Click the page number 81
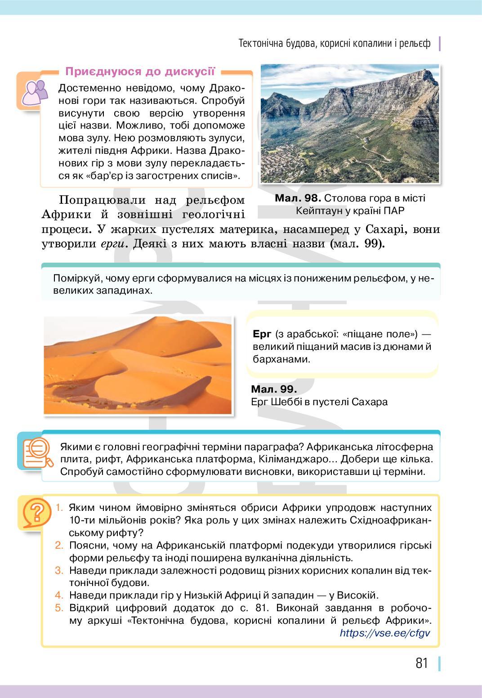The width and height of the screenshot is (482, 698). [422, 663]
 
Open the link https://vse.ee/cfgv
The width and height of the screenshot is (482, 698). [385, 633]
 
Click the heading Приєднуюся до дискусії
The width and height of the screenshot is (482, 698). [140, 71]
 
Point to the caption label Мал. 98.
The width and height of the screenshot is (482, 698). [298, 198]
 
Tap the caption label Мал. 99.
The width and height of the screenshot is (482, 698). [274, 389]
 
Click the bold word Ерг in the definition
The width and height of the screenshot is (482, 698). [262, 334]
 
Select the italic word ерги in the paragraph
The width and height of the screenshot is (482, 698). [110, 245]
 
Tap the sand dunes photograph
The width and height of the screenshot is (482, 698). [138, 365]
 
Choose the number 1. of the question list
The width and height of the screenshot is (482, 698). [60, 508]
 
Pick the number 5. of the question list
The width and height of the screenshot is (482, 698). [60, 608]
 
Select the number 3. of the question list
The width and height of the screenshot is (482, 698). [60, 571]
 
